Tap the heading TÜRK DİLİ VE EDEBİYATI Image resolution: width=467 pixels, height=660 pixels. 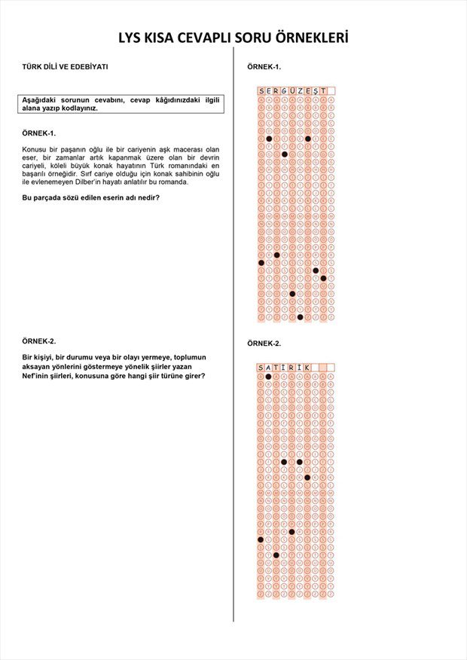66,66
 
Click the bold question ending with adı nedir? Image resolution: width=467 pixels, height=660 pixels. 90,197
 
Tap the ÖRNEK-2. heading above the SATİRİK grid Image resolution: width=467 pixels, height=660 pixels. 264,344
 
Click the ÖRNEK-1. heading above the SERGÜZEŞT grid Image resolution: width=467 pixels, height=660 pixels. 264,67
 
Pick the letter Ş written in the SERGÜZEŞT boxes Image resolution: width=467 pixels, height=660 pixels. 316,91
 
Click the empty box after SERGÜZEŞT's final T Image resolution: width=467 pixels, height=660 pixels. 331,91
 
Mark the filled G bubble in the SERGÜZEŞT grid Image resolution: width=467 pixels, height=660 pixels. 285,154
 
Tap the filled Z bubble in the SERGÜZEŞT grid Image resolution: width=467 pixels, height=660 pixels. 300,316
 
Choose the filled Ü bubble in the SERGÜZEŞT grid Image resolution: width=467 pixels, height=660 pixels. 292,294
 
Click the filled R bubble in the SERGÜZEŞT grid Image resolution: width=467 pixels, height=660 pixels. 276,255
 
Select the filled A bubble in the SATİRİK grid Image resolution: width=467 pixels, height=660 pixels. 269,376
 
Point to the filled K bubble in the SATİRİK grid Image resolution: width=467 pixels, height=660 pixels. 307,477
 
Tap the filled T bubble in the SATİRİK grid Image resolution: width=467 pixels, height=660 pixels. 276,555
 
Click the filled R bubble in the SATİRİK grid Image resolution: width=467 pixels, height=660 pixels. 292,531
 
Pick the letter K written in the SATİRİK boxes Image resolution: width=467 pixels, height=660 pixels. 307,368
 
